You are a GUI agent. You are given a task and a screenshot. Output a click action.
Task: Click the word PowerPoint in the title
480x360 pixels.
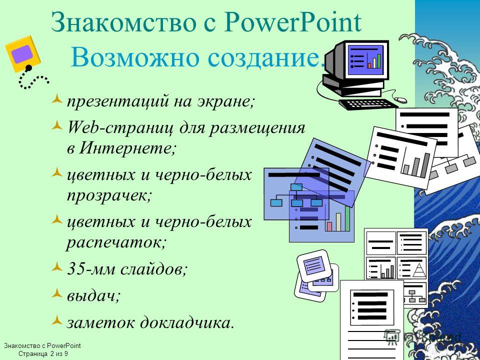click(292, 22)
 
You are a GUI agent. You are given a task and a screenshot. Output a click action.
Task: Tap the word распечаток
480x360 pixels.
click(116, 243)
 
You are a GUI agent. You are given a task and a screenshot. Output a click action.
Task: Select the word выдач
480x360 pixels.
click(93, 295)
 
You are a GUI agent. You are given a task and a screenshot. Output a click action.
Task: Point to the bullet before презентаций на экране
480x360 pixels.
click(57, 99)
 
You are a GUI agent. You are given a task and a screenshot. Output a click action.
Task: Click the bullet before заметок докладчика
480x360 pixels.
click(57, 320)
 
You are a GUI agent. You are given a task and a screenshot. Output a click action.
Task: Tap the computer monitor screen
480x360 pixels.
click(365, 60)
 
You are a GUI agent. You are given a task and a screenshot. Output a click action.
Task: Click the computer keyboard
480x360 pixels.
click(368, 104)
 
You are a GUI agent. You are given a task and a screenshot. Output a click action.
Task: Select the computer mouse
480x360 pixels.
click(400, 100)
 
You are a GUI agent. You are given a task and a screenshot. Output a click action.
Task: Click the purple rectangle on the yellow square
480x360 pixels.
click(22, 54)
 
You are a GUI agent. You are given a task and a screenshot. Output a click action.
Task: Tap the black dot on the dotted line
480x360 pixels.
click(29, 67)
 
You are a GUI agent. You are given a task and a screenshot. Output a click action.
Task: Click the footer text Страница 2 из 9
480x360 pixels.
click(43, 354)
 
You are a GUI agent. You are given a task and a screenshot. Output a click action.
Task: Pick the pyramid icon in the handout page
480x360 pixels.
click(417, 269)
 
